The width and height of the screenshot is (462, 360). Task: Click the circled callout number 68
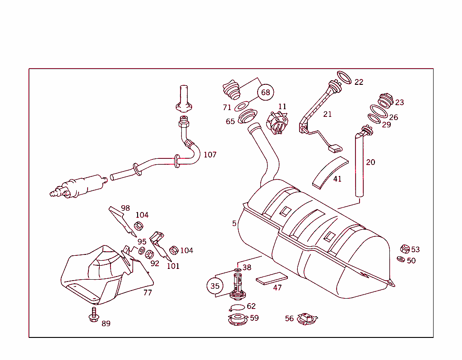[x=265, y=92]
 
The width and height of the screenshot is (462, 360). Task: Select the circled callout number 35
[x=215, y=286]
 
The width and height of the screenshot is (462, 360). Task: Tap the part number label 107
[x=210, y=155]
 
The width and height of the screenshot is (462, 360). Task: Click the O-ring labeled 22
[x=344, y=78]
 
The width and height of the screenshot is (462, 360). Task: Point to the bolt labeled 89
[x=94, y=315]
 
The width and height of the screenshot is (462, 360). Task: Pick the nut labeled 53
[x=405, y=249]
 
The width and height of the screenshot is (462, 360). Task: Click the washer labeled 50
[x=401, y=259]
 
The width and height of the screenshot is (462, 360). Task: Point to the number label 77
[x=147, y=292]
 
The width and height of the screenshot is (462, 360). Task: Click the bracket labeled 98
[x=121, y=221]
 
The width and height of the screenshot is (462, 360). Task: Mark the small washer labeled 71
[x=242, y=106]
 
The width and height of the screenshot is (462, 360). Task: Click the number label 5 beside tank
[x=234, y=223]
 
